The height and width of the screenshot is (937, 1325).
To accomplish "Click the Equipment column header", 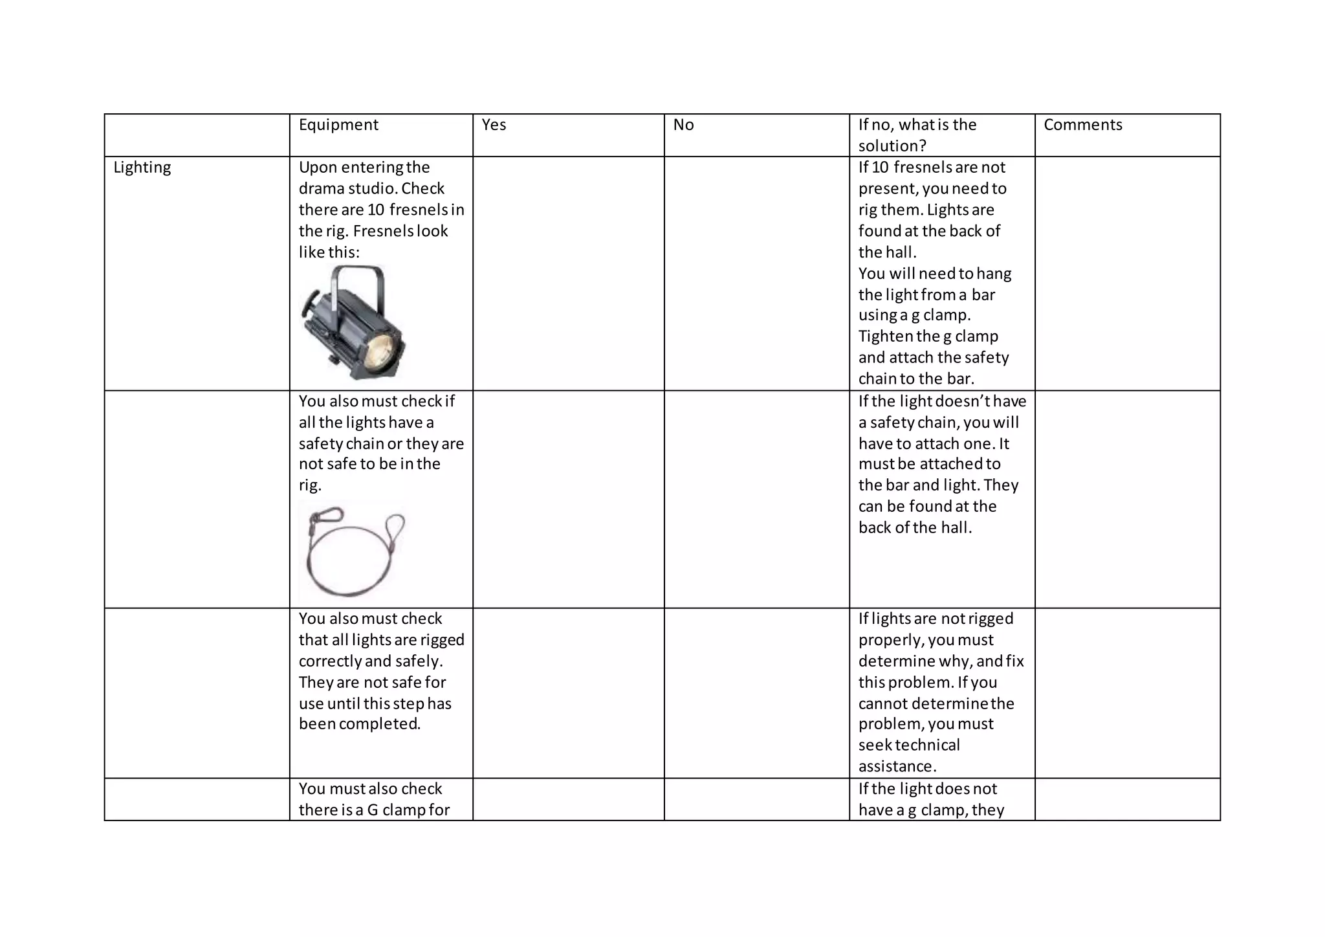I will pyautogui.click(x=338, y=125).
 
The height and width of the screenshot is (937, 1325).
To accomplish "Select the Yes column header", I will pyautogui.click(x=494, y=125).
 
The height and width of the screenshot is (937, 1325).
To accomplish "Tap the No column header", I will pyautogui.click(x=683, y=125).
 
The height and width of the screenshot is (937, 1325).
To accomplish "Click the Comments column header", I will pyautogui.click(x=1082, y=125).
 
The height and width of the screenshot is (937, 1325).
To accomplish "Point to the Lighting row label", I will pyautogui.click(x=142, y=168).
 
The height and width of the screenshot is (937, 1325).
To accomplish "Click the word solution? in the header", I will pyautogui.click(x=892, y=146).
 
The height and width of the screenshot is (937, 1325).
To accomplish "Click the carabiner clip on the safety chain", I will pyautogui.click(x=325, y=518).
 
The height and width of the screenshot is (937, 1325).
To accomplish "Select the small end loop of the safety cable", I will pyautogui.click(x=395, y=527).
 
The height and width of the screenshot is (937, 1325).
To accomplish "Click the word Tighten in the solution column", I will pyautogui.click(x=885, y=336).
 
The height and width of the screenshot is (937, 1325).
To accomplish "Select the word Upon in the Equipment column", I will pyautogui.click(x=318, y=168).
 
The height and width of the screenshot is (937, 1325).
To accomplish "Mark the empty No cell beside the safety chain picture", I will pyautogui.click(x=756, y=499).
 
